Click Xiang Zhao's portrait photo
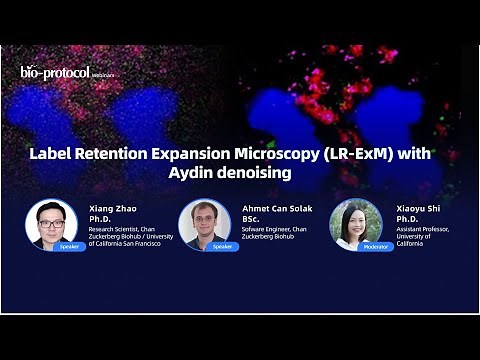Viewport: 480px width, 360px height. click(x=51, y=222)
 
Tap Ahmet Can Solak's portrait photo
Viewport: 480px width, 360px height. click(x=204, y=222)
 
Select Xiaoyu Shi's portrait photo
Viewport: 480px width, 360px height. click(x=357, y=222)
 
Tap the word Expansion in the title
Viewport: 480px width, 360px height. click(x=173, y=155)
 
